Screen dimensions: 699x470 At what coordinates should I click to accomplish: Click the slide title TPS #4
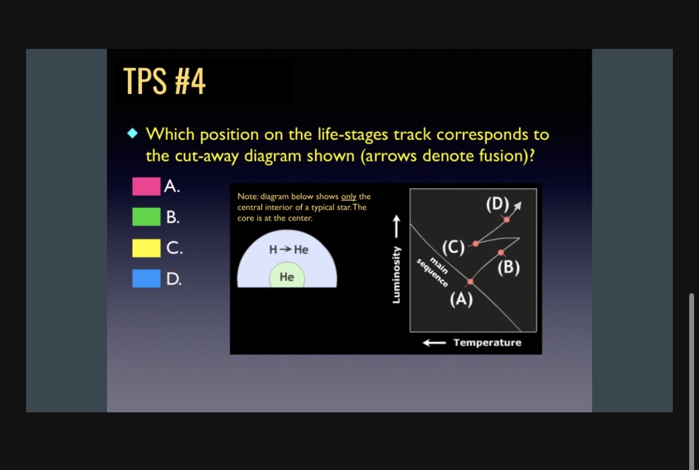pos(164,81)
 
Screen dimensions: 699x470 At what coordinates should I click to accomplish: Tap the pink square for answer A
pos(146,187)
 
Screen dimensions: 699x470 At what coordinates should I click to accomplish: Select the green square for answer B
pos(146,217)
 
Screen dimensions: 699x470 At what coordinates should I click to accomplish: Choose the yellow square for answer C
pos(146,248)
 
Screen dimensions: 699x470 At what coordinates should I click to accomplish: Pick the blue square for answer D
pos(146,279)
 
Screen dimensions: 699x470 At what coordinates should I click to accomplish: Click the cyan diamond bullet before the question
pos(133,133)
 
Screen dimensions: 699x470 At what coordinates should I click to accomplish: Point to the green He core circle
pos(287,275)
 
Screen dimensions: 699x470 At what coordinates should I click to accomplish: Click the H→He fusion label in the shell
pos(289,250)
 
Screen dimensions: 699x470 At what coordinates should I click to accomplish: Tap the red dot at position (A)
pos(470,282)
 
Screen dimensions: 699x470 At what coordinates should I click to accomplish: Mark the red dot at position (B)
pos(500,252)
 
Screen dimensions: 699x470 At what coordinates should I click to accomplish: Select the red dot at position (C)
pos(476,244)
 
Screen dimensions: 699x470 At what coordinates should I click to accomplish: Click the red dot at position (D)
pos(506,220)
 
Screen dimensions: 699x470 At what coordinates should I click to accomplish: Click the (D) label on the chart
pos(498,205)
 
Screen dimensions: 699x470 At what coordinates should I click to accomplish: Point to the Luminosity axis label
pos(396,275)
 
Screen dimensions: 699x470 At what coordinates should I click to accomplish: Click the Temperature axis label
pos(487,343)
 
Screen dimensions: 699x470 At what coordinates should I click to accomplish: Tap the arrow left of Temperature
pos(434,343)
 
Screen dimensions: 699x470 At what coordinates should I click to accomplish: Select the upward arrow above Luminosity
pos(396,226)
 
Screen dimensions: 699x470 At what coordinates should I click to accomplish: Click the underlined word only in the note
pos(348,197)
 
